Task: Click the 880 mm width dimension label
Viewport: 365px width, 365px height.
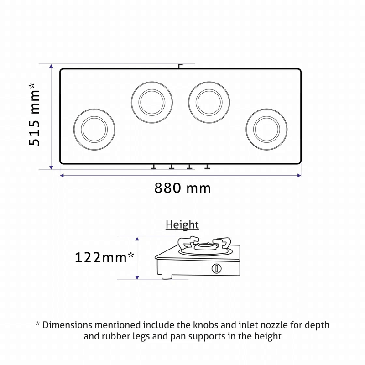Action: click(x=182, y=188)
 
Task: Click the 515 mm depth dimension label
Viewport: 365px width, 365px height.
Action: click(x=35, y=114)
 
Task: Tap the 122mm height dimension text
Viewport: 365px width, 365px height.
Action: click(x=104, y=257)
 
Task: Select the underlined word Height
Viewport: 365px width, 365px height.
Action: click(x=182, y=224)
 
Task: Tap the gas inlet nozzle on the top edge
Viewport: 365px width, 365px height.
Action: click(x=180, y=66)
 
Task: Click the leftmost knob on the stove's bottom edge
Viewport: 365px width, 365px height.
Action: click(x=154, y=167)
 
